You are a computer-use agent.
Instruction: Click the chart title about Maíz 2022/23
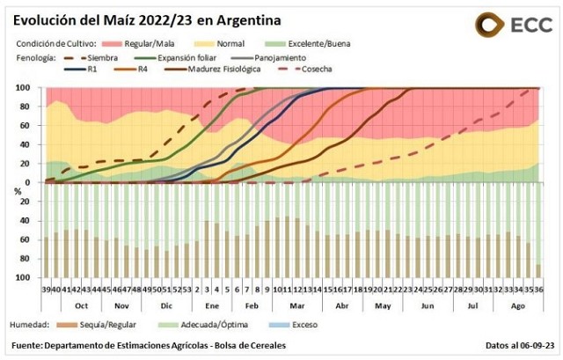coord(147,19)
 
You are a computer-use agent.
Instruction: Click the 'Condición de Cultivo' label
coord(53,42)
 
